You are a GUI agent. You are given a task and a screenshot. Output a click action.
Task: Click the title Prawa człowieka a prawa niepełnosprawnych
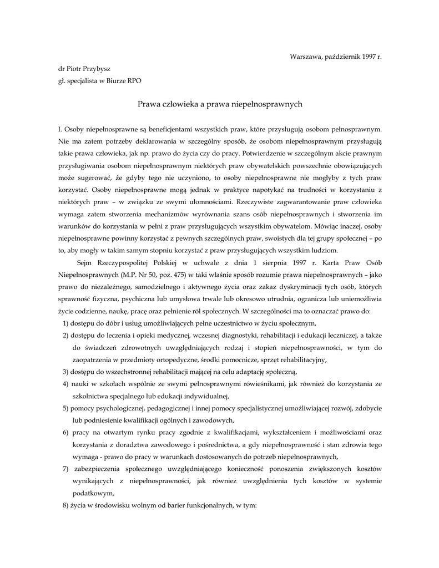[x=219, y=103]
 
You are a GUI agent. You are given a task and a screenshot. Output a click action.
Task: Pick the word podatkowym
[x=94, y=493]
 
